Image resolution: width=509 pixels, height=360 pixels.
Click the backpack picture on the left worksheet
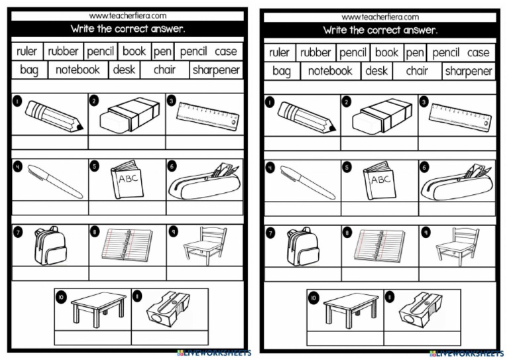tap(50, 246)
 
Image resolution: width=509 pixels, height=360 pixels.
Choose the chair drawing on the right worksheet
tap(457, 245)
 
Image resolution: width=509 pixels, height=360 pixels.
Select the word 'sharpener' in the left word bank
tap(216, 70)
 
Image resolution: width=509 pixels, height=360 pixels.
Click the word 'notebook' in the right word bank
tap(330, 71)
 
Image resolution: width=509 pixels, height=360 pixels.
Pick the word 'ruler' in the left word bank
tap(27, 51)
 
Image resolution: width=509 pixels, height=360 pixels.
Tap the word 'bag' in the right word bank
tap(281, 71)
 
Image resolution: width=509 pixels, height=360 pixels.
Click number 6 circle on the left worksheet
tap(172, 166)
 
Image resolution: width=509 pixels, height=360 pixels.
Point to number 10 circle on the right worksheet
tap(313, 297)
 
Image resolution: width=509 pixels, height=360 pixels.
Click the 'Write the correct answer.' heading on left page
tap(128, 29)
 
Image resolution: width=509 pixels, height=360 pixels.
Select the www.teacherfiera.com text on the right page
tap(380, 17)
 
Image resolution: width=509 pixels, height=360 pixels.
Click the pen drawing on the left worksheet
tap(55, 181)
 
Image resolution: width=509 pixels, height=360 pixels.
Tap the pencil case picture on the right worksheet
tap(457, 182)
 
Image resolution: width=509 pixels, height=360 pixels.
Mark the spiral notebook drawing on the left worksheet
tap(127, 245)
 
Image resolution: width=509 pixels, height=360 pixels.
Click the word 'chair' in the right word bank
tap(417, 71)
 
